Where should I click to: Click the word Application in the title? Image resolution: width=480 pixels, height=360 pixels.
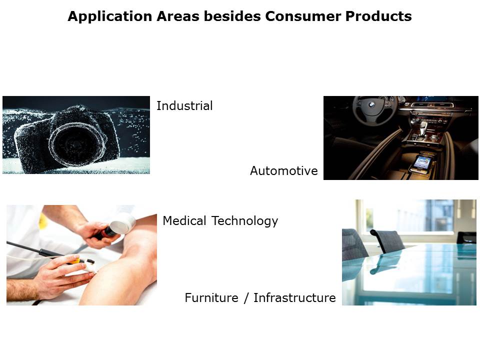[110, 16]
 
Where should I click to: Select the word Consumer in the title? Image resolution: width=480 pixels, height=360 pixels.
[303, 16]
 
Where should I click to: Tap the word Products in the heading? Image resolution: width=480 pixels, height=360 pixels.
[378, 16]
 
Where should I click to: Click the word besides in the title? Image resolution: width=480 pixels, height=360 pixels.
[232, 16]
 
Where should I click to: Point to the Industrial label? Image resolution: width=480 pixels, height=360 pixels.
[184, 106]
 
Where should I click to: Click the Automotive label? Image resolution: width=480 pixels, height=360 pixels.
[284, 171]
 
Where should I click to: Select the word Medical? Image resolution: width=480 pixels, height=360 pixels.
[184, 220]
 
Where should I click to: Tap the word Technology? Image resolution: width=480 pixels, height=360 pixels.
[245, 221]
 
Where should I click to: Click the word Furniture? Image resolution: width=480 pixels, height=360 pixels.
[211, 298]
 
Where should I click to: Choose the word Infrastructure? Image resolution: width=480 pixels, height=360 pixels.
[294, 298]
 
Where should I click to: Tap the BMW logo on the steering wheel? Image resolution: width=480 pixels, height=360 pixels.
[372, 104]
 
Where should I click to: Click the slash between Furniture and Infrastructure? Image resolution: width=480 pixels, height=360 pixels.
[246, 298]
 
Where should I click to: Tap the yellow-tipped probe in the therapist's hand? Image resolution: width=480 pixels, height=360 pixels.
[76, 261]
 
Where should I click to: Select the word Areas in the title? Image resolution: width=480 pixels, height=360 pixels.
[178, 16]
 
